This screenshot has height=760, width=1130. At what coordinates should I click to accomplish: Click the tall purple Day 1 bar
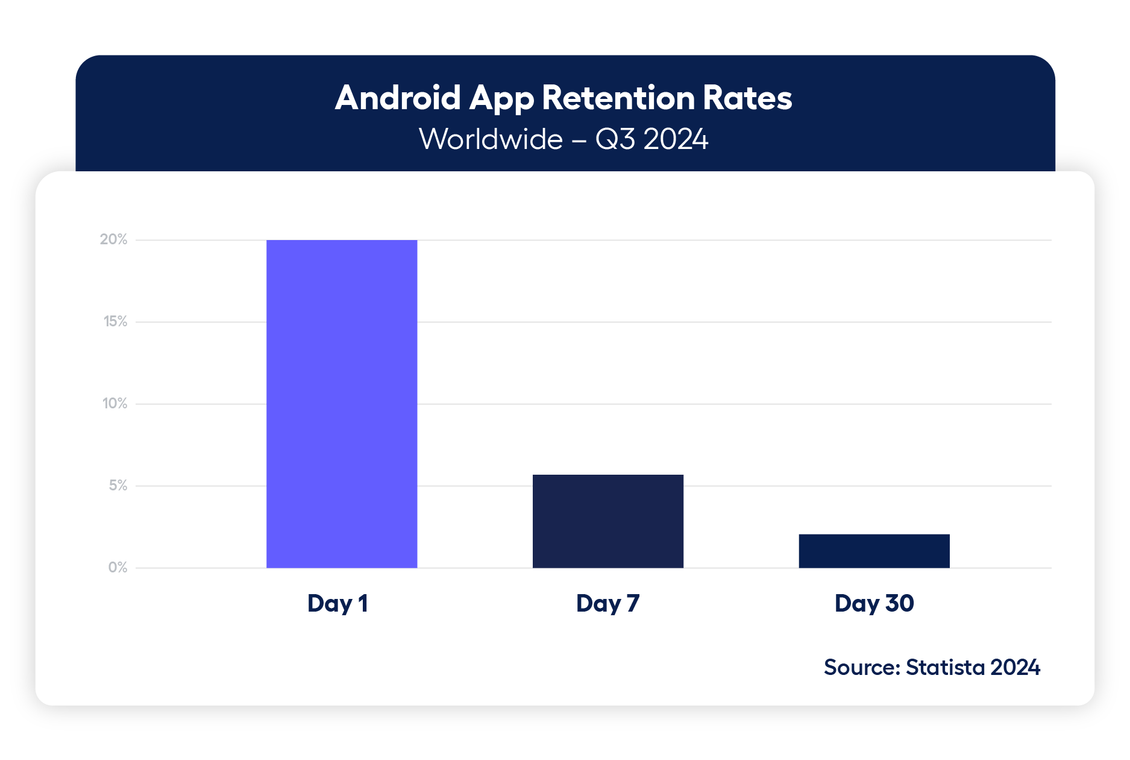(x=342, y=404)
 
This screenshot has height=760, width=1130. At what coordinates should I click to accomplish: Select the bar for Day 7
(x=607, y=521)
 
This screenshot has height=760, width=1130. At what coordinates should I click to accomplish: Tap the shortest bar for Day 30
(x=874, y=551)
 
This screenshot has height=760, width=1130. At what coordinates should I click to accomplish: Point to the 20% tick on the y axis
(x=113, y=239)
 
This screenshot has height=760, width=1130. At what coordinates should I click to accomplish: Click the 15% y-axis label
(x=115, y=321)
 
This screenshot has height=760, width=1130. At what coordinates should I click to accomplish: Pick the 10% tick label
(x=115, y=404)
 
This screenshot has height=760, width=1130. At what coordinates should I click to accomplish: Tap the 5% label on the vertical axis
(x=118, y=486)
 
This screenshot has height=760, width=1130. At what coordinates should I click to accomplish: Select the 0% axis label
(x=118, y=568)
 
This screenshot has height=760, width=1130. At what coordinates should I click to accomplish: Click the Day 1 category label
(x=337, y=603)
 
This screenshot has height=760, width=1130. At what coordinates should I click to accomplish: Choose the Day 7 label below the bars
(x=607, y=603)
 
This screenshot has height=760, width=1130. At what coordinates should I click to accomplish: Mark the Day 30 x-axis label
(x=874, y=603)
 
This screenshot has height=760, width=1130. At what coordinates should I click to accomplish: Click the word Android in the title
(x=398, y=98)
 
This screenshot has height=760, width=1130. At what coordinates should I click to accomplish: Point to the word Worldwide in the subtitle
(x=491, y=139)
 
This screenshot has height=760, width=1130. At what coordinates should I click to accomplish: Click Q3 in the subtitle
(x=615, y=139)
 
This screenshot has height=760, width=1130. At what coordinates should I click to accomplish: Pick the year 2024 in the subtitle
(x=676, y=139)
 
